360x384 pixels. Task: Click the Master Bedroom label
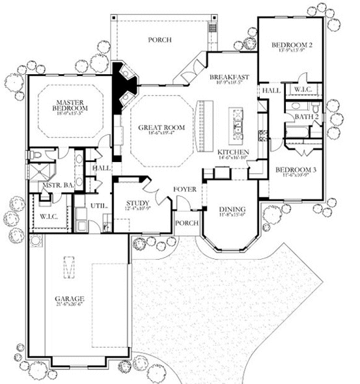[x=71, y=107]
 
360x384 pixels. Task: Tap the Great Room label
[x=161, y=128]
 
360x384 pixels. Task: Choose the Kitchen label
[x=233, y=152]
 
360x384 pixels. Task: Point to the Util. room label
[x=98, y=205]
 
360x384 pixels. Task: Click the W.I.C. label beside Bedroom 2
[x=303, y=90]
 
